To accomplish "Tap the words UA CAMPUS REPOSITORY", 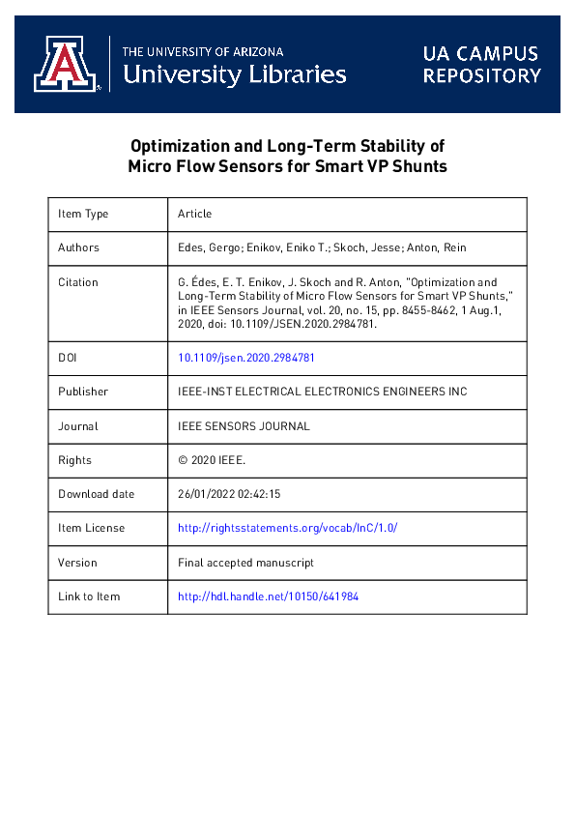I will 481,65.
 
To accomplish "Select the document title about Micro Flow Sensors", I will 287,156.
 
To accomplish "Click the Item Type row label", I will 83,214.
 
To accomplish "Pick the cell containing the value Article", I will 195,214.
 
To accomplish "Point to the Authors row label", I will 78,247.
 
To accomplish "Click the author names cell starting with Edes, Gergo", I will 322,247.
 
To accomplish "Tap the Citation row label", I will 78,282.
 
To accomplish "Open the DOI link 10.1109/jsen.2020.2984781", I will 246,358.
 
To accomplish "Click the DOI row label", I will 69,358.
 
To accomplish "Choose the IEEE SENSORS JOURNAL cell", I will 244,426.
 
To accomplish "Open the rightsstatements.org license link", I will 288,528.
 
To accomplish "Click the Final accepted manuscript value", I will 245,563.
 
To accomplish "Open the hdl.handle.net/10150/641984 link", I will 269,596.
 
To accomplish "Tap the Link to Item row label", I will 89,596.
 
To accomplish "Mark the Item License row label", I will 91,528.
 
